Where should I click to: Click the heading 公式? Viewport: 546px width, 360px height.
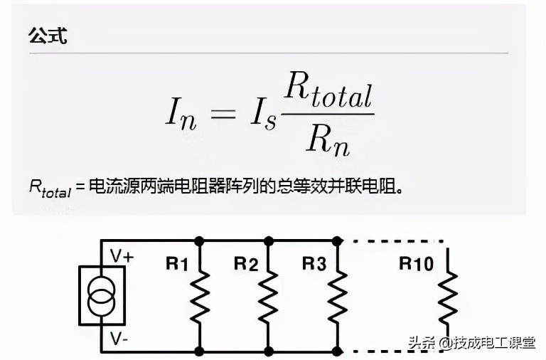click(47, 36)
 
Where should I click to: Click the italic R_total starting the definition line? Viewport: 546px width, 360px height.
click(50, 188)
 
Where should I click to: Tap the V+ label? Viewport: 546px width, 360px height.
click(122, 255)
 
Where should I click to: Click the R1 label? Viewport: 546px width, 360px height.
click(177, 265)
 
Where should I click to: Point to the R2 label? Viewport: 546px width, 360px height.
click(245, 265)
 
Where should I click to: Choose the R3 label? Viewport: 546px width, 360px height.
click(314, 265)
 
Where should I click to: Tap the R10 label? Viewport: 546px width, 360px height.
click(416, 265)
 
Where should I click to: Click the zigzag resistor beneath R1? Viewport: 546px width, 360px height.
click(200, 295)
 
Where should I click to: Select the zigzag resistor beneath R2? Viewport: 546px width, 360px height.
click(269, 295)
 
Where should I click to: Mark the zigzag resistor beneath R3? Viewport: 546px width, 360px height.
click(337, 295)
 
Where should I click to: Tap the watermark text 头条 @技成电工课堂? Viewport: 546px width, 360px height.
click(471, 343)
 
